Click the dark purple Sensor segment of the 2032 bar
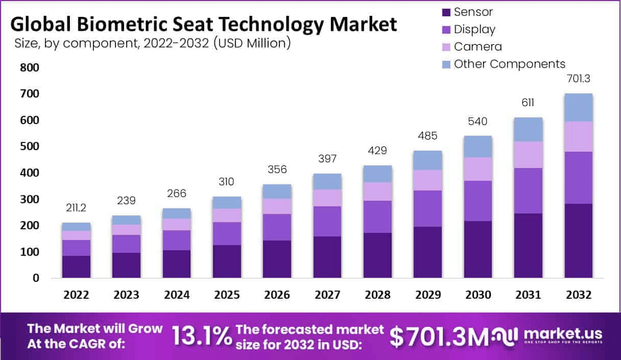578,241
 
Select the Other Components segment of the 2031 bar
528,130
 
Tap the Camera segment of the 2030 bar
478,169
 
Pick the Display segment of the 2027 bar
327,222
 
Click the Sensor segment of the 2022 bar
77,267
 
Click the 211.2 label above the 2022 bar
77,208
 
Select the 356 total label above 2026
277,169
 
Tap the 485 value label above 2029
428,136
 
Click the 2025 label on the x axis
227,295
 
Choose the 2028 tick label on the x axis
377,295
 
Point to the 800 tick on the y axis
29,68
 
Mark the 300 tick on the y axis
29,199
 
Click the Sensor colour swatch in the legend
446,12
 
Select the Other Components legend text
509,64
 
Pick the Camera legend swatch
446,46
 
